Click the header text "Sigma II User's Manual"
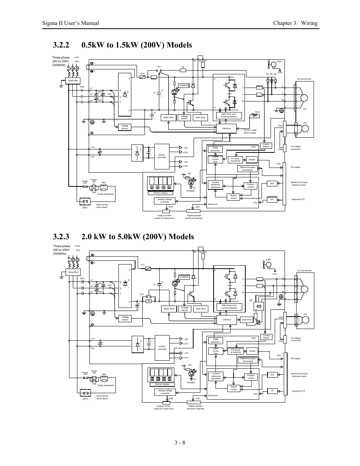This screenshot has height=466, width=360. click(x=71, y=23)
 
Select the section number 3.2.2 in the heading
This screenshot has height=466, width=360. click(x=61, y=45)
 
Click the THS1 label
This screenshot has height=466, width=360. click(x=258, y=112)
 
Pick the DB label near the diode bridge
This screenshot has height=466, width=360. click(x=251, y=300)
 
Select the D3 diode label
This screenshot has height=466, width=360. click(x=271, y=74)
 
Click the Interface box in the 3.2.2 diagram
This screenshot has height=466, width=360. click(x=226, y=128)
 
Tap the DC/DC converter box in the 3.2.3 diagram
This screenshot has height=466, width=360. click(x=162, y=348)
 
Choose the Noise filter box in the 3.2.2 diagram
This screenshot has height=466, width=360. click(x=73, y=81)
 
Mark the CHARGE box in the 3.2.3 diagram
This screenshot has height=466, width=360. click(x=184, y=277)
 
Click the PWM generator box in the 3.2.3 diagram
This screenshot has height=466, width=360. click(x=215, y=340)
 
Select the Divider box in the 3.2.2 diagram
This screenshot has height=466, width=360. click(x=252, y=160)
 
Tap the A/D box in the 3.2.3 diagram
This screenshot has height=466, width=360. click(x=272, y=375)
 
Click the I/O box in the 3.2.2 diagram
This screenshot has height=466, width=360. click(x=272, y=199)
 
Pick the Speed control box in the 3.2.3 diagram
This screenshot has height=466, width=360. click(x=234, y=388)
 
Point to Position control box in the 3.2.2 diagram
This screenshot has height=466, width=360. click(x=251, y=185)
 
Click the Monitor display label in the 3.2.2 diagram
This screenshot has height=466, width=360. click(x=161, y=193)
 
